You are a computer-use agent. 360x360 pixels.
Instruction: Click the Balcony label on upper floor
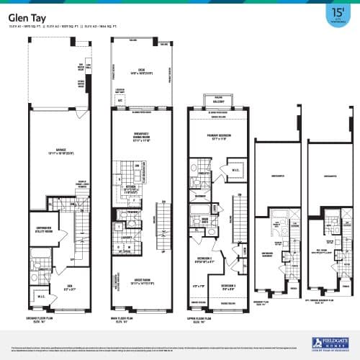tap(214, 102)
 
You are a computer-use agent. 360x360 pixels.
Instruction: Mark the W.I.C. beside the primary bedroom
tap(233, 171)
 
